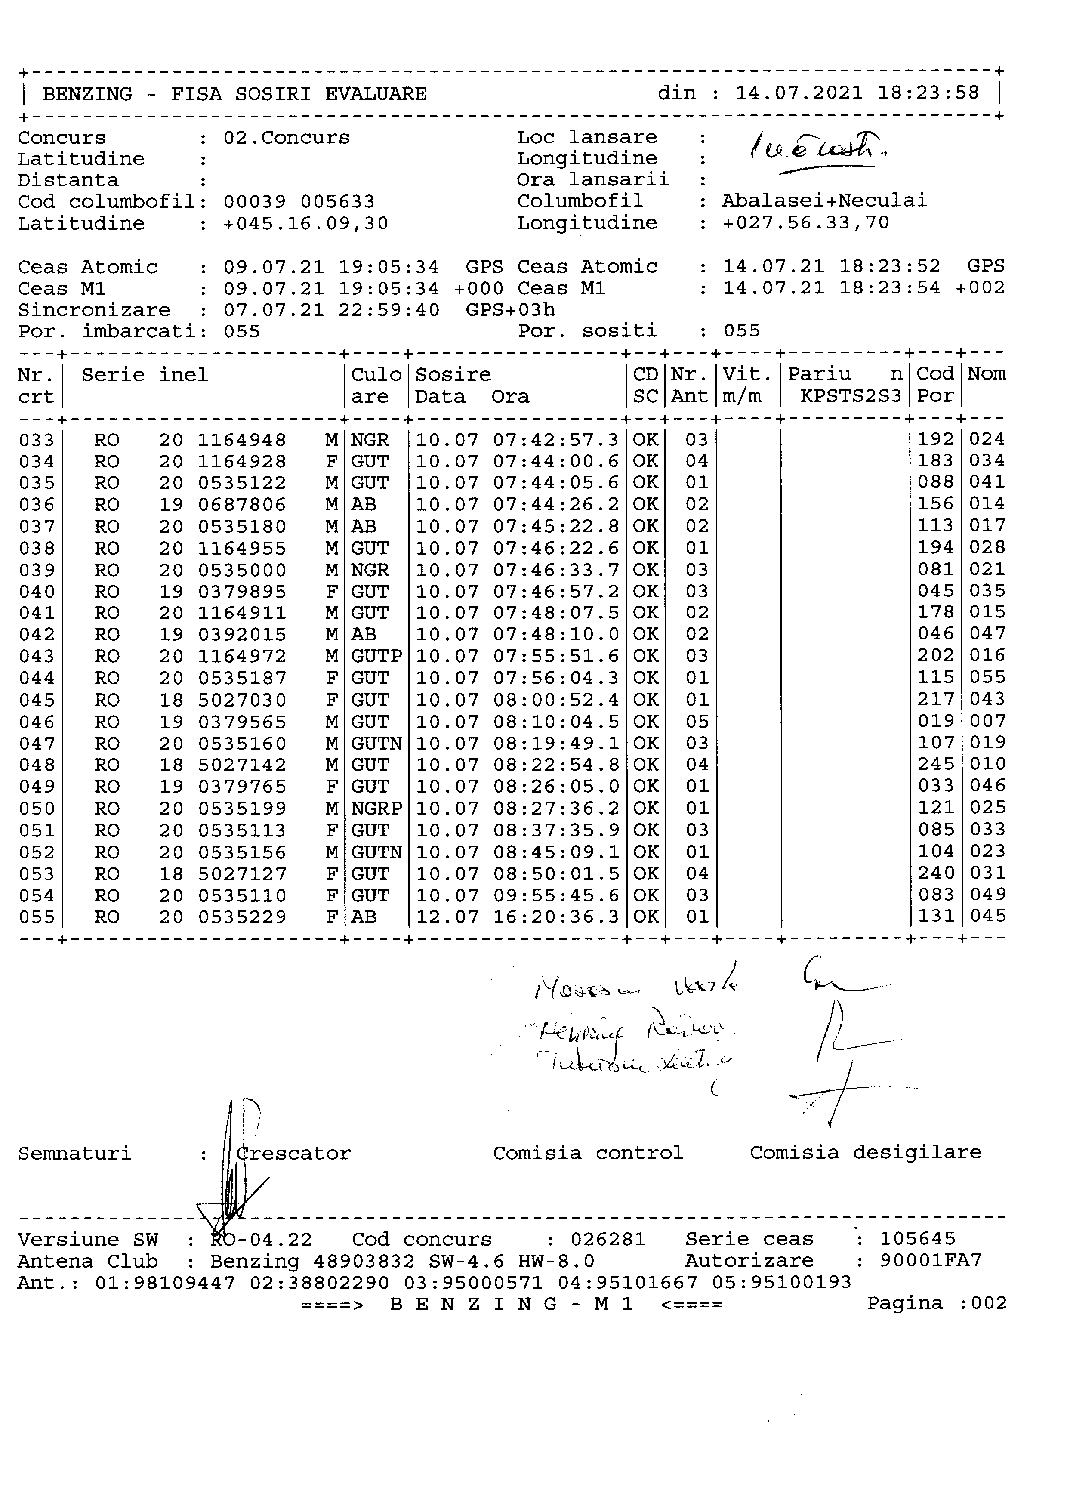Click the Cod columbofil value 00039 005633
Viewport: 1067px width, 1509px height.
[299, 202]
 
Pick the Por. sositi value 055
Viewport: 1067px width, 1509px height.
[742, 330]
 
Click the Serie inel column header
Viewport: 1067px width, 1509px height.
[145, 375]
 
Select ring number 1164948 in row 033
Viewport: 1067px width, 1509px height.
[242, 440]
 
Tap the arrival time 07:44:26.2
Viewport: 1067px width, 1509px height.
[556, 505]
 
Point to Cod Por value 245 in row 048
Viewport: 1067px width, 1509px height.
[936, 764]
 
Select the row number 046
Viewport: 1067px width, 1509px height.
[37, 722]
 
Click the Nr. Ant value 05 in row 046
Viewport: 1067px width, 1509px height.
[697, 722]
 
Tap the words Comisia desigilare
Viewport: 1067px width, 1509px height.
[865, 1152]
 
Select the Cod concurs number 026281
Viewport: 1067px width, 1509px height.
[608, 1240]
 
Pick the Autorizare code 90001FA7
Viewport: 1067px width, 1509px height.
[930, 1261]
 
